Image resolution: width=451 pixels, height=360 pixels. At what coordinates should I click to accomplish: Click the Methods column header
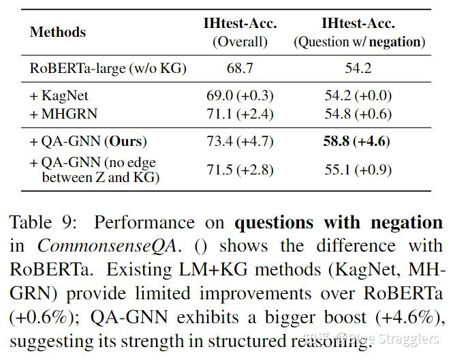point(58,32)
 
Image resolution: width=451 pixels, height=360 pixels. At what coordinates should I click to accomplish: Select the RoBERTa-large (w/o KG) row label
point(108,67)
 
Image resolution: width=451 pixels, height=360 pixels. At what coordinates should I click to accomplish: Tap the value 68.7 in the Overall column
point(240,67)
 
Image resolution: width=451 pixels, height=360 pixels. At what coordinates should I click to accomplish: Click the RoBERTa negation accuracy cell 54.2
point(359,67)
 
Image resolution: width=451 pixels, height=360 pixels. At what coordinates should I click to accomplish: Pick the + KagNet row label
point(59,97)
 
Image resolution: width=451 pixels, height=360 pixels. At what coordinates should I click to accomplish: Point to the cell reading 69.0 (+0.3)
point(240,97)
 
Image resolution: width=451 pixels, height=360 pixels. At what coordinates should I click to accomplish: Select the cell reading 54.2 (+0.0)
point(359,97)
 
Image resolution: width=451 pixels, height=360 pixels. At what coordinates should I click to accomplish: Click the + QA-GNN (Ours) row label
point(88,142)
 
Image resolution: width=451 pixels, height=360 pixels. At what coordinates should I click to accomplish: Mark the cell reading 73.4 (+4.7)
point(240,142)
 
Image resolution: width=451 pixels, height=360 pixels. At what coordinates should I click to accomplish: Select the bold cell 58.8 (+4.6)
point(359,142)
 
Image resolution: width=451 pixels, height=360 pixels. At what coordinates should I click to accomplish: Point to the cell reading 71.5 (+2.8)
point(240,170)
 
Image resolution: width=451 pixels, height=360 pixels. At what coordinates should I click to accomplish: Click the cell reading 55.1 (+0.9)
point(359,170)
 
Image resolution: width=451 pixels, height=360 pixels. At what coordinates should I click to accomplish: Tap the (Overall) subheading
point(240,42)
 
